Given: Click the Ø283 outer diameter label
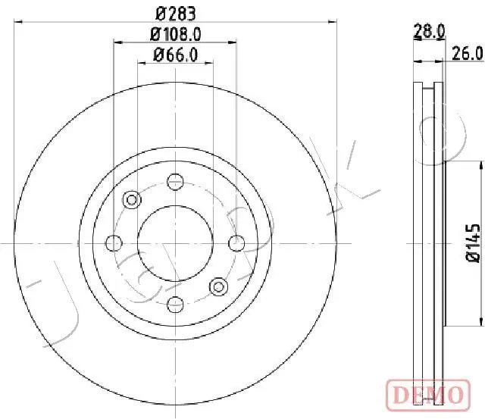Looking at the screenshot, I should click(175, 13).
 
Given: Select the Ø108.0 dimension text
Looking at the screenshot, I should click(175, 33).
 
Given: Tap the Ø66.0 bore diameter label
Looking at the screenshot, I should click(175, 54).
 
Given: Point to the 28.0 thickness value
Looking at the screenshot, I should click(428, 31).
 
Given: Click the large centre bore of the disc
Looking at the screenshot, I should click(175, 242).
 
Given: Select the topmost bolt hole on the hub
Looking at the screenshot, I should click(175, 181).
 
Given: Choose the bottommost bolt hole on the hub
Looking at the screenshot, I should click(175, 305).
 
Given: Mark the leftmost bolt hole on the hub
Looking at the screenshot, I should click(114, 242).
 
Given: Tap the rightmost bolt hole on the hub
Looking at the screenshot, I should click(236, 242).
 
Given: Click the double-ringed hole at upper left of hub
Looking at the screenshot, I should click(132, 199).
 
